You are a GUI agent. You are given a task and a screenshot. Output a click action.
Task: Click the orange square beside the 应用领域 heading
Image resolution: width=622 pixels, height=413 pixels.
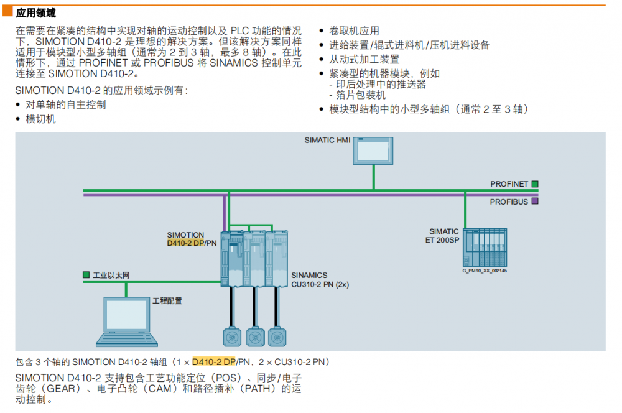[x=8, y=11]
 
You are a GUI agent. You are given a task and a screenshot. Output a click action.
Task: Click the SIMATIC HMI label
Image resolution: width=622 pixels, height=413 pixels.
[x=327, y=140]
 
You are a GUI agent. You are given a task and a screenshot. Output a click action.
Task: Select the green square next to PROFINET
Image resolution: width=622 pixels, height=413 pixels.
[x=535, y=184]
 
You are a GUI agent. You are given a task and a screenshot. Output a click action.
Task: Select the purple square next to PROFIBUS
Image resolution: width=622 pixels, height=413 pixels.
[x=535, y=202]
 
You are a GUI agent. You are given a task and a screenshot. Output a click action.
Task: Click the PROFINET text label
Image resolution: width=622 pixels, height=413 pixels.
[x=509, y=184]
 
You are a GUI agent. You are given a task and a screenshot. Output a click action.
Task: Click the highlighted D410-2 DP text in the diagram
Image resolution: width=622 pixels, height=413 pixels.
[x=185, y=243]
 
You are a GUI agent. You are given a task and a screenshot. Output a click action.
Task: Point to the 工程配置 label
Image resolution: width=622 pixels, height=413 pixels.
[x=167, y=301]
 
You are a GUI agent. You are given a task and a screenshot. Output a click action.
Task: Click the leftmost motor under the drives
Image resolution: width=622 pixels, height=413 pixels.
[x=231, y=336]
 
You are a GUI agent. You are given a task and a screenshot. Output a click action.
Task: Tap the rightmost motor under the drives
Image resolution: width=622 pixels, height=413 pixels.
[x=277, y=336]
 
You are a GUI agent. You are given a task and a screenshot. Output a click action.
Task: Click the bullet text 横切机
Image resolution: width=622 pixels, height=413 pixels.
[x=40, y=119]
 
